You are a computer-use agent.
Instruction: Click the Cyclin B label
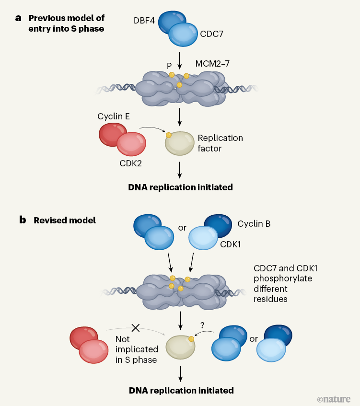pyautogui.click(x=254, y=223)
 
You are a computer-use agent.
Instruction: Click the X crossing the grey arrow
pyautogui.click(x=136, y=328)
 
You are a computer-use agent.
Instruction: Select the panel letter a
pyautogui.click(x=19, y=18)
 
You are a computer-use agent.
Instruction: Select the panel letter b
pyautogui.click(x=22, y=220)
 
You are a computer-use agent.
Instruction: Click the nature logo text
pyautogui.click(x=334, y=399)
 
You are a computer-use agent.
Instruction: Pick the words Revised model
pyautogui.click(x=65, y=220)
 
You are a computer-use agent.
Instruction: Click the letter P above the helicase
pyautogui.click(x=170, y=64)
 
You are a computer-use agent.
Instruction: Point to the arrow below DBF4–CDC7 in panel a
pyautogui.click(x=180, y=59)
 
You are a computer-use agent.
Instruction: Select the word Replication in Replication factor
pyautogui.click(x=221, y=138)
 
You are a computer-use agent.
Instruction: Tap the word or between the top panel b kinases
pyautogui.click(x=182, y=228)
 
